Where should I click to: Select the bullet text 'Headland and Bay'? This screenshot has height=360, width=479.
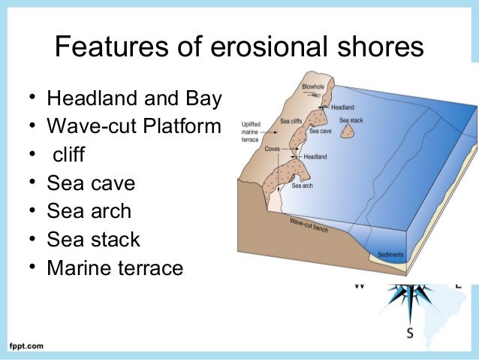[134, 98]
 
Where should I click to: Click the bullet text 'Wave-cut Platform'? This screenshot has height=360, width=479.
[134, 127]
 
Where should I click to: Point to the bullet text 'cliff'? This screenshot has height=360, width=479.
[68, 156]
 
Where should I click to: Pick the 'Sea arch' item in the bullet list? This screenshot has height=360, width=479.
[89, 211]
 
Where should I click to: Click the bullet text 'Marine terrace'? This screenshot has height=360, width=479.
[115, 268]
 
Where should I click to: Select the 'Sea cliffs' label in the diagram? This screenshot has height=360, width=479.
[292, 120]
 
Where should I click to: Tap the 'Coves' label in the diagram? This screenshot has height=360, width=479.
[273, 149]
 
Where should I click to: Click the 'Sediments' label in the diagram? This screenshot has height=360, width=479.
[390, 255]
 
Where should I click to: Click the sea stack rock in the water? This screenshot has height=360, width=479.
[348, 132]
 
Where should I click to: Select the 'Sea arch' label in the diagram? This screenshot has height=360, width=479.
[302, 186]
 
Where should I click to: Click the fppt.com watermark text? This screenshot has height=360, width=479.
[26, 346]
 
